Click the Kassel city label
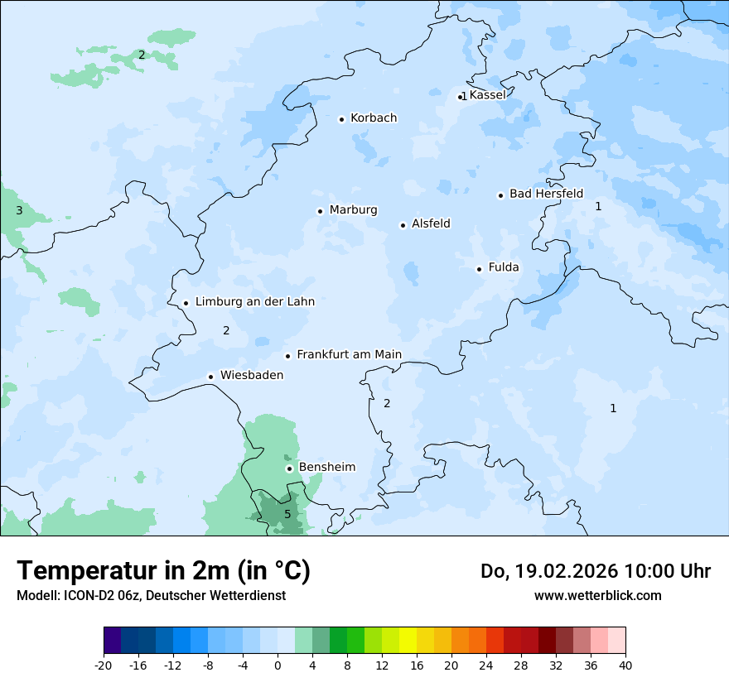(487, 95)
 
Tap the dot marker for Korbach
(341, 119)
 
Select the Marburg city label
(353, 210)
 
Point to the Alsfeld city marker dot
(403, 225)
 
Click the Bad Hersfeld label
(546, 194)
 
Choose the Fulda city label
(504, 267)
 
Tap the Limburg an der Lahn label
(254, 302)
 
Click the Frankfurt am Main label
(349, 355)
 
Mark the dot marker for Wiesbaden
(211, 377)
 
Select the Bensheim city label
(326, 468)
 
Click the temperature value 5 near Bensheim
(287, 514)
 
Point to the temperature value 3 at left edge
(19, 211)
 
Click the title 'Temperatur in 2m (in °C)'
(163, 571)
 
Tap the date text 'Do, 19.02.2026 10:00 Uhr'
(596, 571)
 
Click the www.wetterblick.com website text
(597, 596)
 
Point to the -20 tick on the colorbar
(104, 665)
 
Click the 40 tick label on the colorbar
(625, 665)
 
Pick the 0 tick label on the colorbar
(278, 665)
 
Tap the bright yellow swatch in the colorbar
(408, 641)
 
